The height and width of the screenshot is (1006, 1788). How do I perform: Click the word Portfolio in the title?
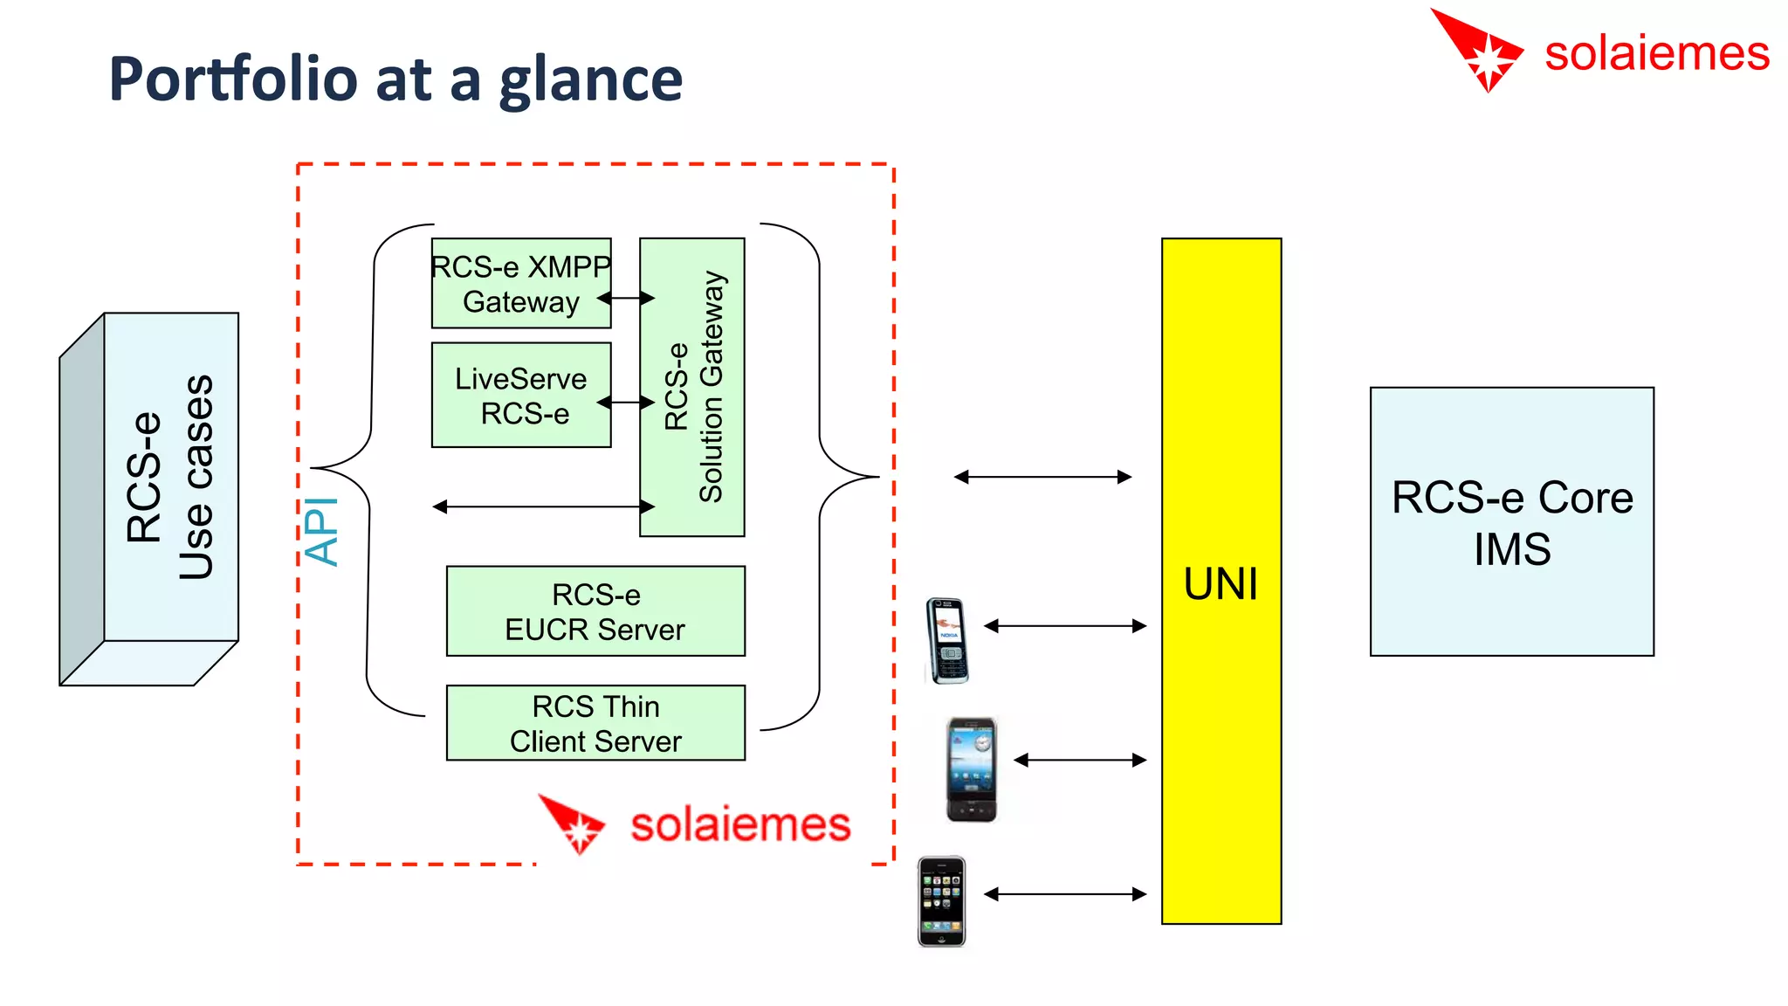point(233,79)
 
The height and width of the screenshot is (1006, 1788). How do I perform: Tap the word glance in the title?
point(590,80)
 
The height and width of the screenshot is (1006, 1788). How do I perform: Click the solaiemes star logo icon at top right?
point(1482,51)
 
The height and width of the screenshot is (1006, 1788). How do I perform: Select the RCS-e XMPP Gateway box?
point(520,283)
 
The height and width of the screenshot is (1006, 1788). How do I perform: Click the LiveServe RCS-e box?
point(520,395)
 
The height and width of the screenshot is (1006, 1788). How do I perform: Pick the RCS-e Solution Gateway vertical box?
point(692,387)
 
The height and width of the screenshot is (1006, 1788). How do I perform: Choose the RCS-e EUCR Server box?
point(595,611)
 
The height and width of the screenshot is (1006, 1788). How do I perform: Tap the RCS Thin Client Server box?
point(595,723)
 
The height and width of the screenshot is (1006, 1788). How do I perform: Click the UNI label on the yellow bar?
point(1221,583)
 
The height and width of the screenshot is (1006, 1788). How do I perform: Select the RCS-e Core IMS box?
point(1512,522)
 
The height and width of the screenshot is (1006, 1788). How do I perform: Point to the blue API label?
point(321,532)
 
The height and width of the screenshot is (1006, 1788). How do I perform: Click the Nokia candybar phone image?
point(947,640)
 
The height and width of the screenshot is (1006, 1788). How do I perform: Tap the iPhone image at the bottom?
point(941,901)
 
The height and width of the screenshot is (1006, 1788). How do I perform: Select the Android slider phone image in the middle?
point(972,769)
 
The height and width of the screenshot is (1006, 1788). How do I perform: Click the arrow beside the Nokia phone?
point(1065,626)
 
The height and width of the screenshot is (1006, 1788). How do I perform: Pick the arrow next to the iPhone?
point(1065,894)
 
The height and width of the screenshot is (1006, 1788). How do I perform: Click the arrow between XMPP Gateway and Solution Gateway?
point(625,299)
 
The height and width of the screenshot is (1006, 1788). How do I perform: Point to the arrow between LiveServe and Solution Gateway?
point(625,403)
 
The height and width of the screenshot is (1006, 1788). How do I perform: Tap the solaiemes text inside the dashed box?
point(740,825)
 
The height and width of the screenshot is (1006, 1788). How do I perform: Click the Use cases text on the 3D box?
point(196,478)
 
